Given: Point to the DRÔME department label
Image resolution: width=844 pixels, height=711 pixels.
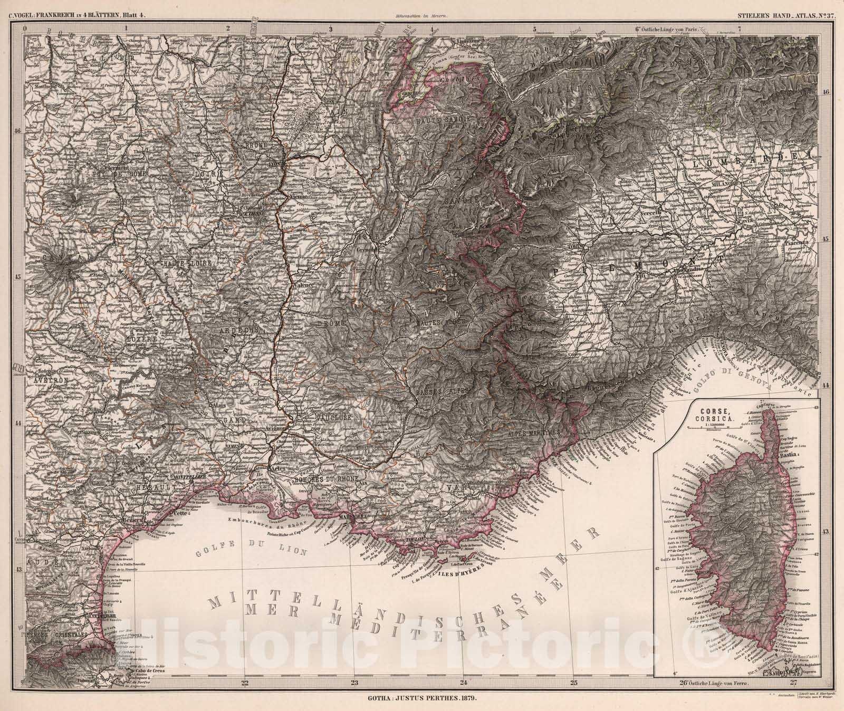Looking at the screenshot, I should tap(331, 322).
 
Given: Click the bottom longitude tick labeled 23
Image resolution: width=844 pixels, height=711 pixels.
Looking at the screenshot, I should tap(354, 681).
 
